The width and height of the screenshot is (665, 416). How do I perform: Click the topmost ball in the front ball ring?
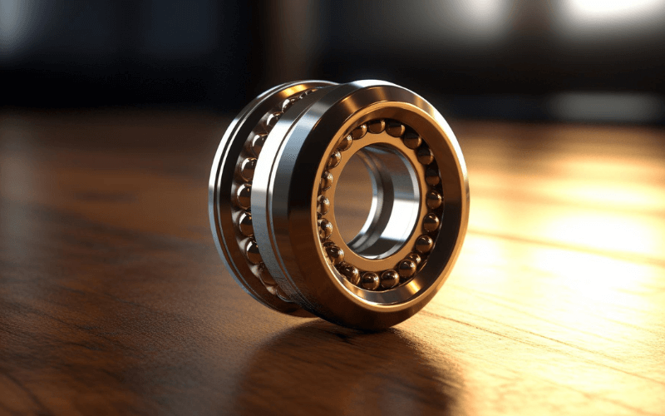[377, 126]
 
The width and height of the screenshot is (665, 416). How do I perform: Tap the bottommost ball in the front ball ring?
[369, 281]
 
